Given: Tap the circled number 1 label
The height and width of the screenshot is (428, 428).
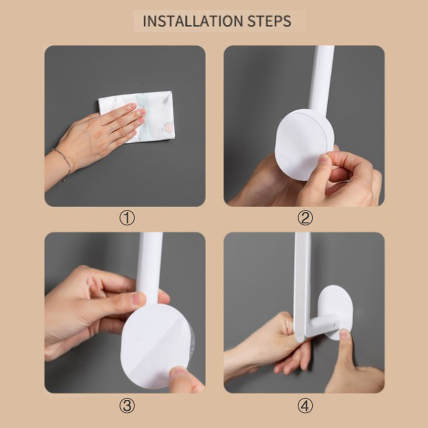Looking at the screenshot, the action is (127, 218).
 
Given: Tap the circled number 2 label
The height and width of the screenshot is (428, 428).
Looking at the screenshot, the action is (305, 218).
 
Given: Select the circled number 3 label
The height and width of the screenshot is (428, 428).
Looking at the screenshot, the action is (127, 405).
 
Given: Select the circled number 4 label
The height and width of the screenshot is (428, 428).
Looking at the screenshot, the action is (305, 405).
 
